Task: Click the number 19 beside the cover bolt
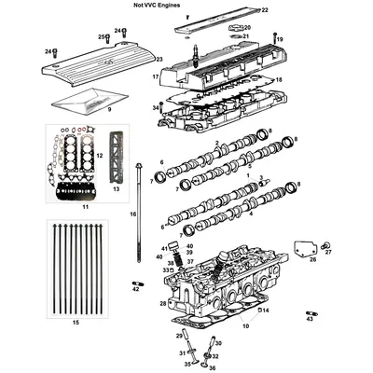[279, 39]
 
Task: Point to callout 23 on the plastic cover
[159, 60]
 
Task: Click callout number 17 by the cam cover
[155, 76]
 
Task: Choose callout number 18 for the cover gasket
[278, 80]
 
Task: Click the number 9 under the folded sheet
[108, 109]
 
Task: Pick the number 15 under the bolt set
[76, 321]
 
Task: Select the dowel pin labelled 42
[136, 284]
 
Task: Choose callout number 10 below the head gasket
[245, 325]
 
